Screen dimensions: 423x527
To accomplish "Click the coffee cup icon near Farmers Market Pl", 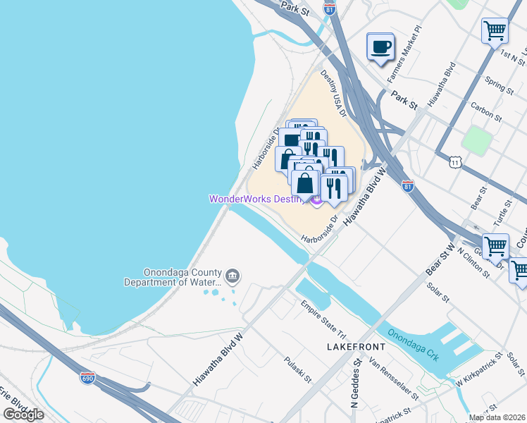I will (381, 47).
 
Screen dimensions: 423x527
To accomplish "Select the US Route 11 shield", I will (456, 162).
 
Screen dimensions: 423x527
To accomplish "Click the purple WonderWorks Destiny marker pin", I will (316, 201).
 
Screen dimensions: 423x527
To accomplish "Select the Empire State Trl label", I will (324, 317).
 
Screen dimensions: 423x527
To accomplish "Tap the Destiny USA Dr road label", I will (334, 85).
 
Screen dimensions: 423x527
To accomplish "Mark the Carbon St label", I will (486, 112).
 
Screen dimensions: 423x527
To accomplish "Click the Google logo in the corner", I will (23, 415).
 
